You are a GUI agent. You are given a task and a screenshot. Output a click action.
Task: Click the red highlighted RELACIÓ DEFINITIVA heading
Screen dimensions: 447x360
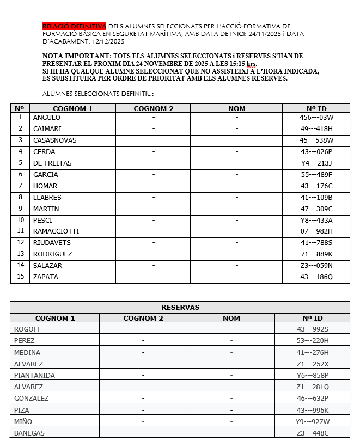pos(74,26)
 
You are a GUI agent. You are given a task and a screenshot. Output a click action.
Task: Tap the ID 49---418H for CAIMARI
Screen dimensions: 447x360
pos(316,129)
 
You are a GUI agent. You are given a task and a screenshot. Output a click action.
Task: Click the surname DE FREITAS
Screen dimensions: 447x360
pos(52,163)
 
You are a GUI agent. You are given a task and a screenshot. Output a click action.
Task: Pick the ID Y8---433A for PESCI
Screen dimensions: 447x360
pos(316,221)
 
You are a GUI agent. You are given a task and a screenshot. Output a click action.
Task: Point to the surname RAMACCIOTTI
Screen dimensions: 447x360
pos(56,231)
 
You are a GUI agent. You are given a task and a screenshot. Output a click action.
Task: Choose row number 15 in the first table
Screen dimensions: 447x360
pos(21,277)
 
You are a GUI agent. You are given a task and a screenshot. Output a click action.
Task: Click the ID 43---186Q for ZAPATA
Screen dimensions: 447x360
pos(316,277)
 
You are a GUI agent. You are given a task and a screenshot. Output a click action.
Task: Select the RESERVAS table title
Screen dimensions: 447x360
pos(180,307)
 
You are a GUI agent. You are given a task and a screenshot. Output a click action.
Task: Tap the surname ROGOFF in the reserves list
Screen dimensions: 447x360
pos(28,329)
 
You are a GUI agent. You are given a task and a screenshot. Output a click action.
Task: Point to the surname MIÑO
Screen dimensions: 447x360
pos(23,422)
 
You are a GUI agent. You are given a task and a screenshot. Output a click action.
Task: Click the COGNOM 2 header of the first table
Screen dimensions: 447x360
pos(154,108)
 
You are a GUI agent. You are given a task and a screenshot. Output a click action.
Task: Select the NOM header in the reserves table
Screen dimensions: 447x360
pos(231,318)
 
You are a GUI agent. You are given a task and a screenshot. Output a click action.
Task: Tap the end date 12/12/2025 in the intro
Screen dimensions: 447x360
pos(108,41)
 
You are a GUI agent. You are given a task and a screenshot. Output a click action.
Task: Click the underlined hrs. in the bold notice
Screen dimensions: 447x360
pos(252,64)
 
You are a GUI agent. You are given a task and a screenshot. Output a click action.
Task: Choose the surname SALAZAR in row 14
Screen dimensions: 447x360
pos(48,266)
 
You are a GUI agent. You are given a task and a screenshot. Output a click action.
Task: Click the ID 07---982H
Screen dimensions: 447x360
pos(316,231)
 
